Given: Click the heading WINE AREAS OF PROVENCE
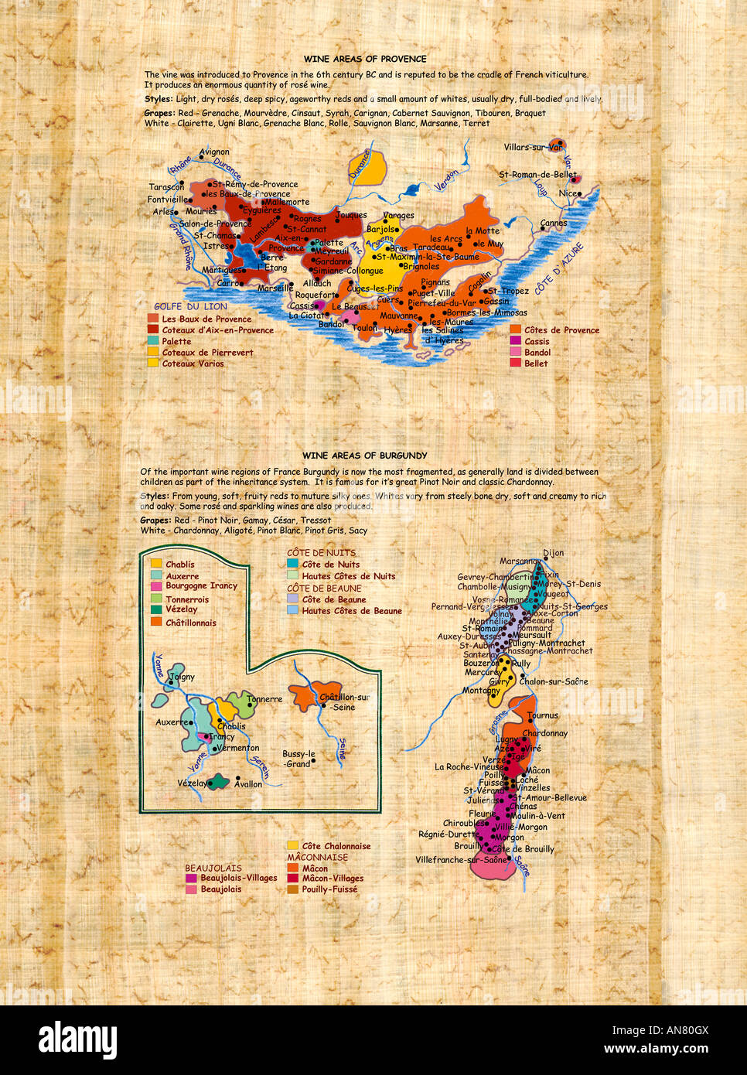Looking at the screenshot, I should coord(365,59).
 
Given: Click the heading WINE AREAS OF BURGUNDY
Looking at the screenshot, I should coord(365,456).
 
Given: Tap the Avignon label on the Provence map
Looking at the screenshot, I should coord(214,152).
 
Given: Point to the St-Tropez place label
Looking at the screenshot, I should coord(508,292).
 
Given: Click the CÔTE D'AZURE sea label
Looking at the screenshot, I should coord(559,268).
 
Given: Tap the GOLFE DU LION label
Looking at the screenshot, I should coord(190,306).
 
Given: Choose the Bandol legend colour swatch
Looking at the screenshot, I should coord(515,352).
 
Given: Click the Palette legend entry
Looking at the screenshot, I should coord(176,341).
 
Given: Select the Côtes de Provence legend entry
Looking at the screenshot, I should coord(561,330).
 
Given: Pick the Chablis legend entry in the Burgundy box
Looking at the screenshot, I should coord(180,565).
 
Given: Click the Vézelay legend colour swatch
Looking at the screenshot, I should coord(156,609).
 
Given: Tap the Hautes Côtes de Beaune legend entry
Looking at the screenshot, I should coord(352,611).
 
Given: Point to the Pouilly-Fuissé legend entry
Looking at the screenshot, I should coord(329,889).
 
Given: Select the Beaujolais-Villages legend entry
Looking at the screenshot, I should coord(238,879).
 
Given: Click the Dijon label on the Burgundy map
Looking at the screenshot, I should coord(554,553).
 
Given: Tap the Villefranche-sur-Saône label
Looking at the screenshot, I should coord(462,860).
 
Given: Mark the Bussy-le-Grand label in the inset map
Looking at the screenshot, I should coord(298,759).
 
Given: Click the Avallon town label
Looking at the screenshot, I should coord(248,784).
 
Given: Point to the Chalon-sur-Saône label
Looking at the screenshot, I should coord(554,681).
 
